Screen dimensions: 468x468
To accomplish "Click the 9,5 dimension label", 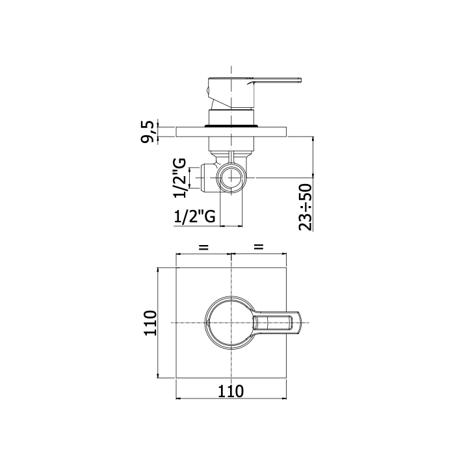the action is point(148,132).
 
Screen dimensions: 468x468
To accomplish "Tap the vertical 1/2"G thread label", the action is point(179,178).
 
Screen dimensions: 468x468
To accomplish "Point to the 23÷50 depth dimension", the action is point(305,207).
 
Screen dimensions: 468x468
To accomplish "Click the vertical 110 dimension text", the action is point(150,323).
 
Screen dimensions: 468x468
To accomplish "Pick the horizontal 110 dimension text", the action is point(231,391).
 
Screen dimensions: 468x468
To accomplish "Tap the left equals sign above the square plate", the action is point(203,247).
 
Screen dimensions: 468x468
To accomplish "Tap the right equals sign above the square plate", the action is point(259,246).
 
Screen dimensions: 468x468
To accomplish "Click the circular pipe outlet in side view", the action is point(231,177).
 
